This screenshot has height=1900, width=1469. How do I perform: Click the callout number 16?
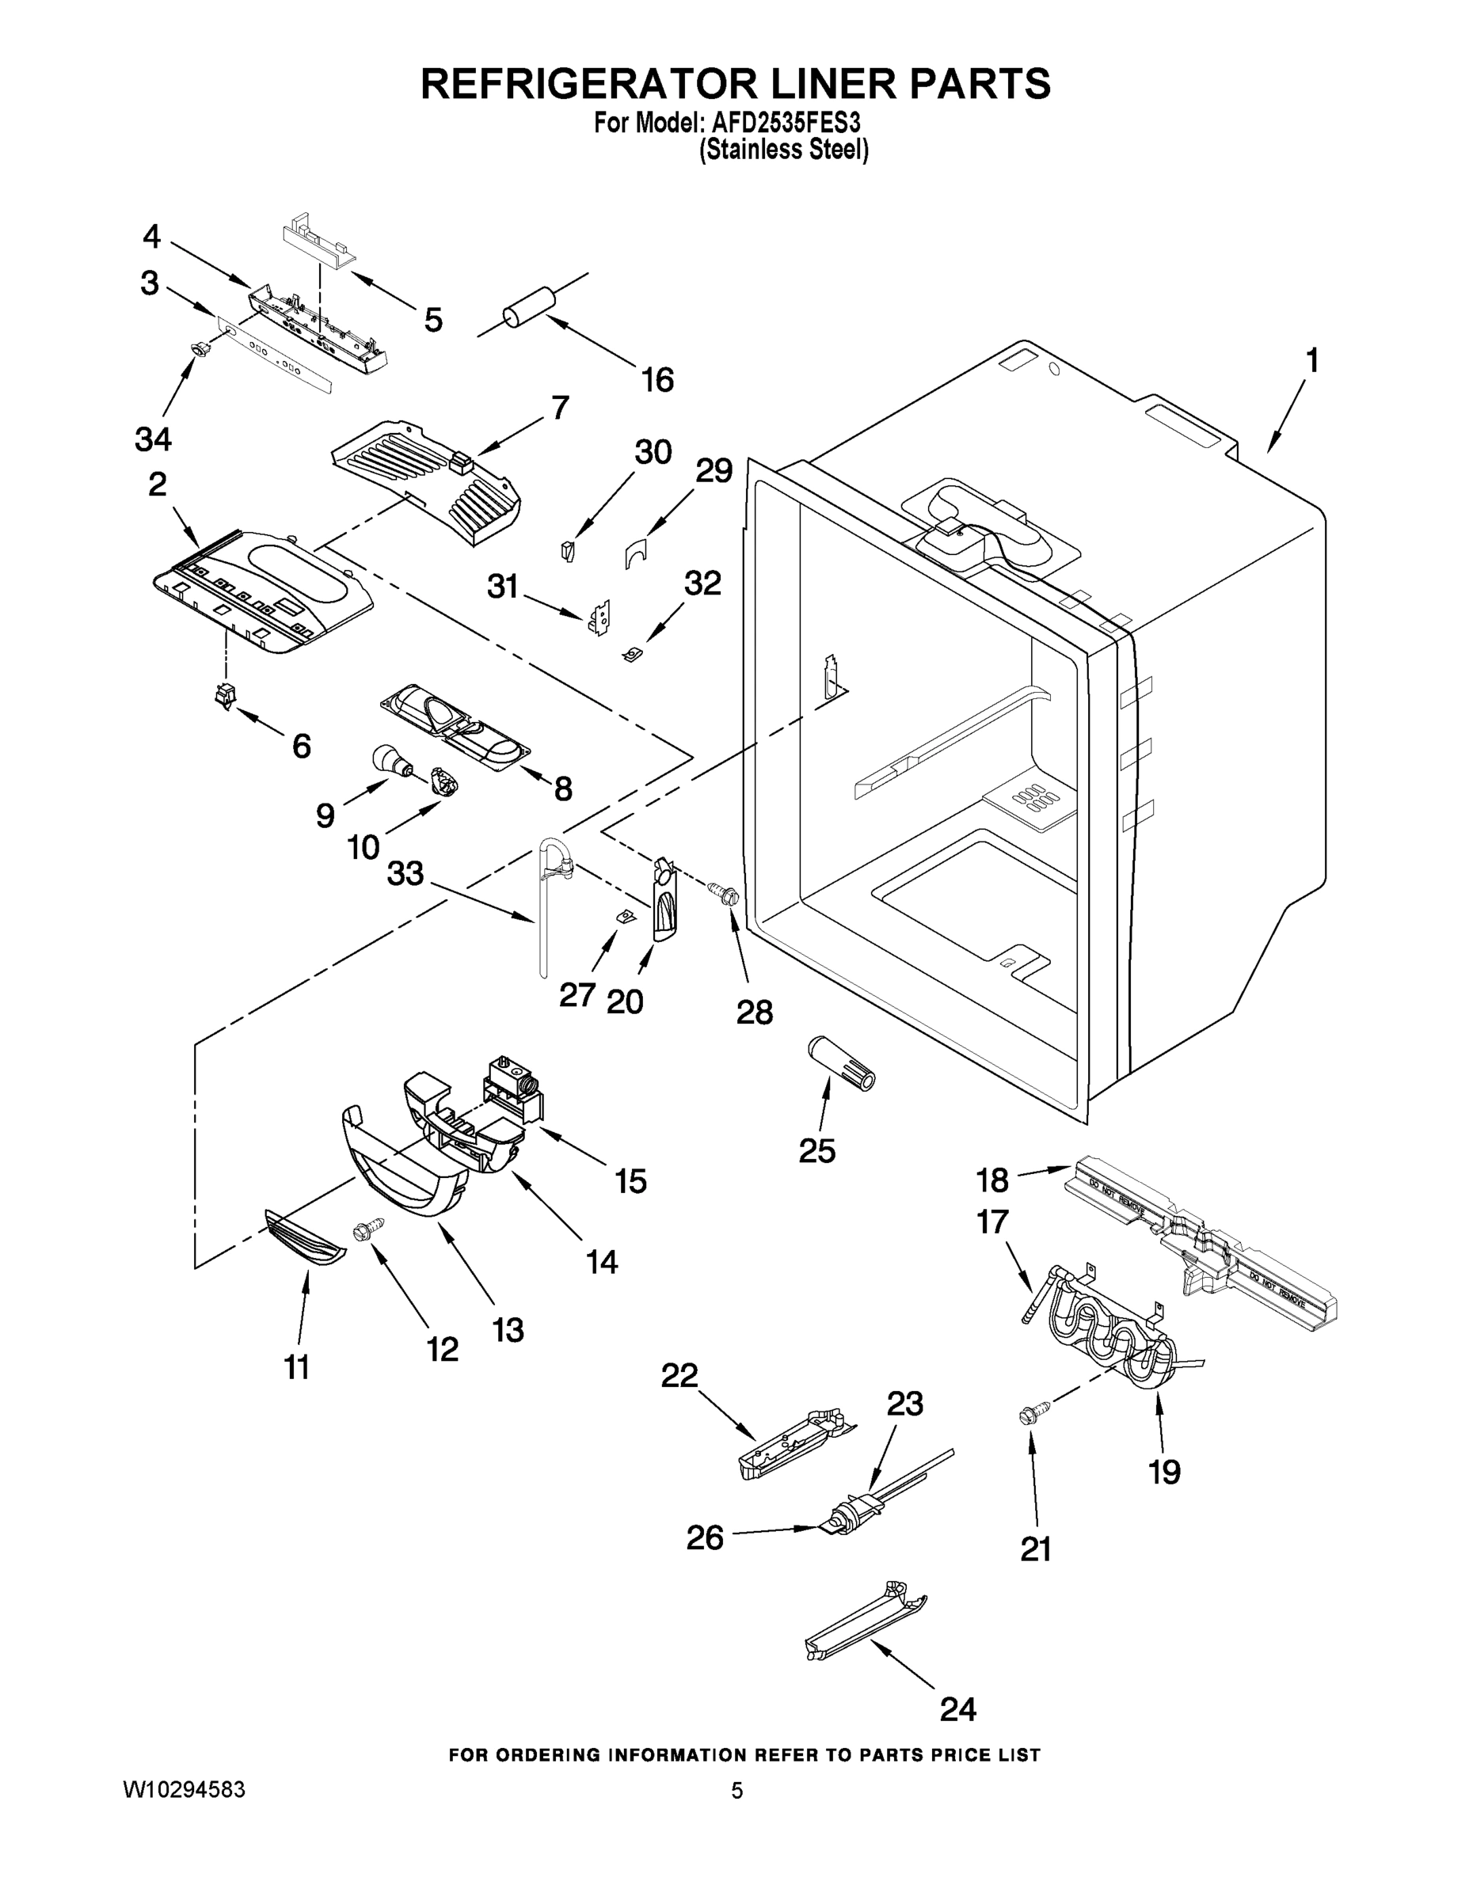[x=657, y=379]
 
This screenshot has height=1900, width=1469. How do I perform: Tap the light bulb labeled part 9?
[x=389, y=758]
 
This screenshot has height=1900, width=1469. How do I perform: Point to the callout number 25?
[x=816, y=1150]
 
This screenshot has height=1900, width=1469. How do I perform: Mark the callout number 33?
[x=405, y=873]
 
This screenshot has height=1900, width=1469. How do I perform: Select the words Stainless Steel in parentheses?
[x=784, y=150]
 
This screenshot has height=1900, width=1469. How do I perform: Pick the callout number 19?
[x=1164, y=1472]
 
